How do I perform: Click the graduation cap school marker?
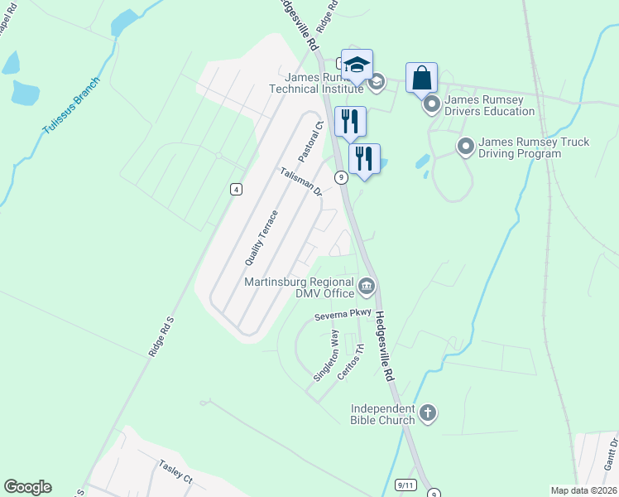click(x=357, y=65)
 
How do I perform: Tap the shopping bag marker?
click(x=421, y=79)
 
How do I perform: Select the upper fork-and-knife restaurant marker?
click(x=349, y=121)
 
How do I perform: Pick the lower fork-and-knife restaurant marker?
click(x=364, y=158)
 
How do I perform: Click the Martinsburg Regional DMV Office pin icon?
click(x=367, y=287)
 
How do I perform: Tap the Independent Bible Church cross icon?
click(x=428, y=413)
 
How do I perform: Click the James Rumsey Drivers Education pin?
click(x=431, y=105)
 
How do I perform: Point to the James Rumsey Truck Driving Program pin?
click(x=465, y=147)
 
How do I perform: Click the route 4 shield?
click(x=237, y=190)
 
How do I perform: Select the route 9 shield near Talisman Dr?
click(x=340, y=177)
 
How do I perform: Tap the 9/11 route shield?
click(x=405, y=485)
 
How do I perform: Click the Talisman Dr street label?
click(x=300, y=181)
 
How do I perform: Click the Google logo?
click(x=27, y=487)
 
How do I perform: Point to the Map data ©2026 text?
click(x=583, y=490)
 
